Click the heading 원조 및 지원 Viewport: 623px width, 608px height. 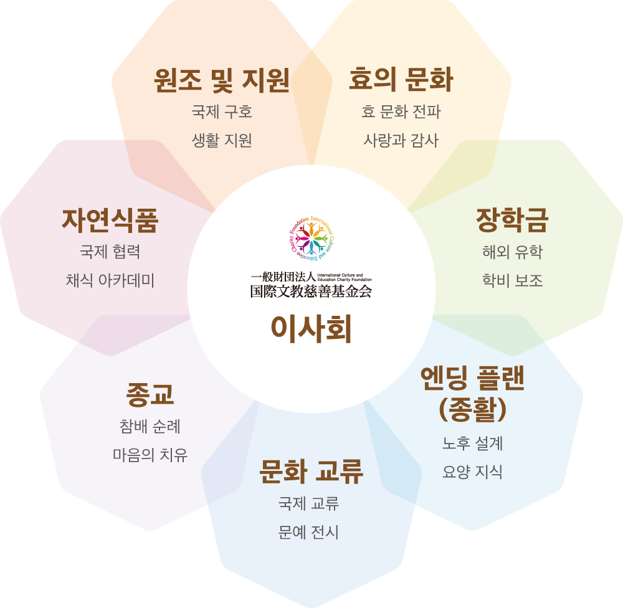(x=221, y=80)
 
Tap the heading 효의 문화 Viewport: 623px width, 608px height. (x=401, y=80)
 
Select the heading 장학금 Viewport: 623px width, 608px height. (x=512, y=219)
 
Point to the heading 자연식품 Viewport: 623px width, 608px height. (x=110, y=219)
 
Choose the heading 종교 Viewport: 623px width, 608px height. (x=150, y=394)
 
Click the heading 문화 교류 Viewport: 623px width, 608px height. (x=311, y=472)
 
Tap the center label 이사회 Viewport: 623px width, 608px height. (x=311, y=329)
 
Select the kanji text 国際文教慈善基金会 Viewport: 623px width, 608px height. (x=311, y=290)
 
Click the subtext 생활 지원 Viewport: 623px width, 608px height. (x=221, y=140)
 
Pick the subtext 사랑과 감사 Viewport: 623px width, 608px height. (x=401, y=140)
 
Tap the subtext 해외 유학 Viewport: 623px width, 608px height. (x=512, y=252)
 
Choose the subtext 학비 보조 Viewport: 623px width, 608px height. (x=512, y=280)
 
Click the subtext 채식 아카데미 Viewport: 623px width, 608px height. (x=110, y=280)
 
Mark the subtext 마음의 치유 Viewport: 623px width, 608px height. (x=150, y=455)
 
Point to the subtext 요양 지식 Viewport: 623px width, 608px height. (x=472, y=472)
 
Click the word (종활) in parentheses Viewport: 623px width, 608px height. (x=472, y=409)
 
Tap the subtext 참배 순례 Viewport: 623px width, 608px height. (x=150, y=427)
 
